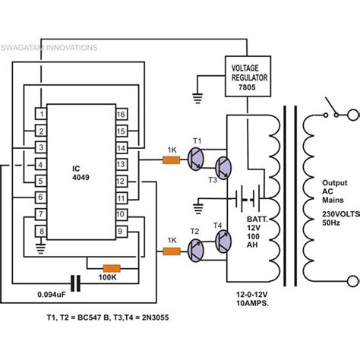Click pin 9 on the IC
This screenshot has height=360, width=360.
pyautogui.click(x=120, y=230)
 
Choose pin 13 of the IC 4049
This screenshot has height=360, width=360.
pyautogui.click(x=120, y=163)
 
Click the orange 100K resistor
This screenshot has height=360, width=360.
pyautogui.click(x=111, y=267)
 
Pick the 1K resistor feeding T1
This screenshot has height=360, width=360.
pyautogui.click(x=171, y=160)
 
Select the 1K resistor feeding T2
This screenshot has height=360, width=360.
pyautogui.click(x=171, y=249)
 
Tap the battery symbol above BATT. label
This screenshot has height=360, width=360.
pyautogui.click(x=243, y=198)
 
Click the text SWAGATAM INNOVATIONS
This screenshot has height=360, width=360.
pyautogui.click(x=49, y=47)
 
